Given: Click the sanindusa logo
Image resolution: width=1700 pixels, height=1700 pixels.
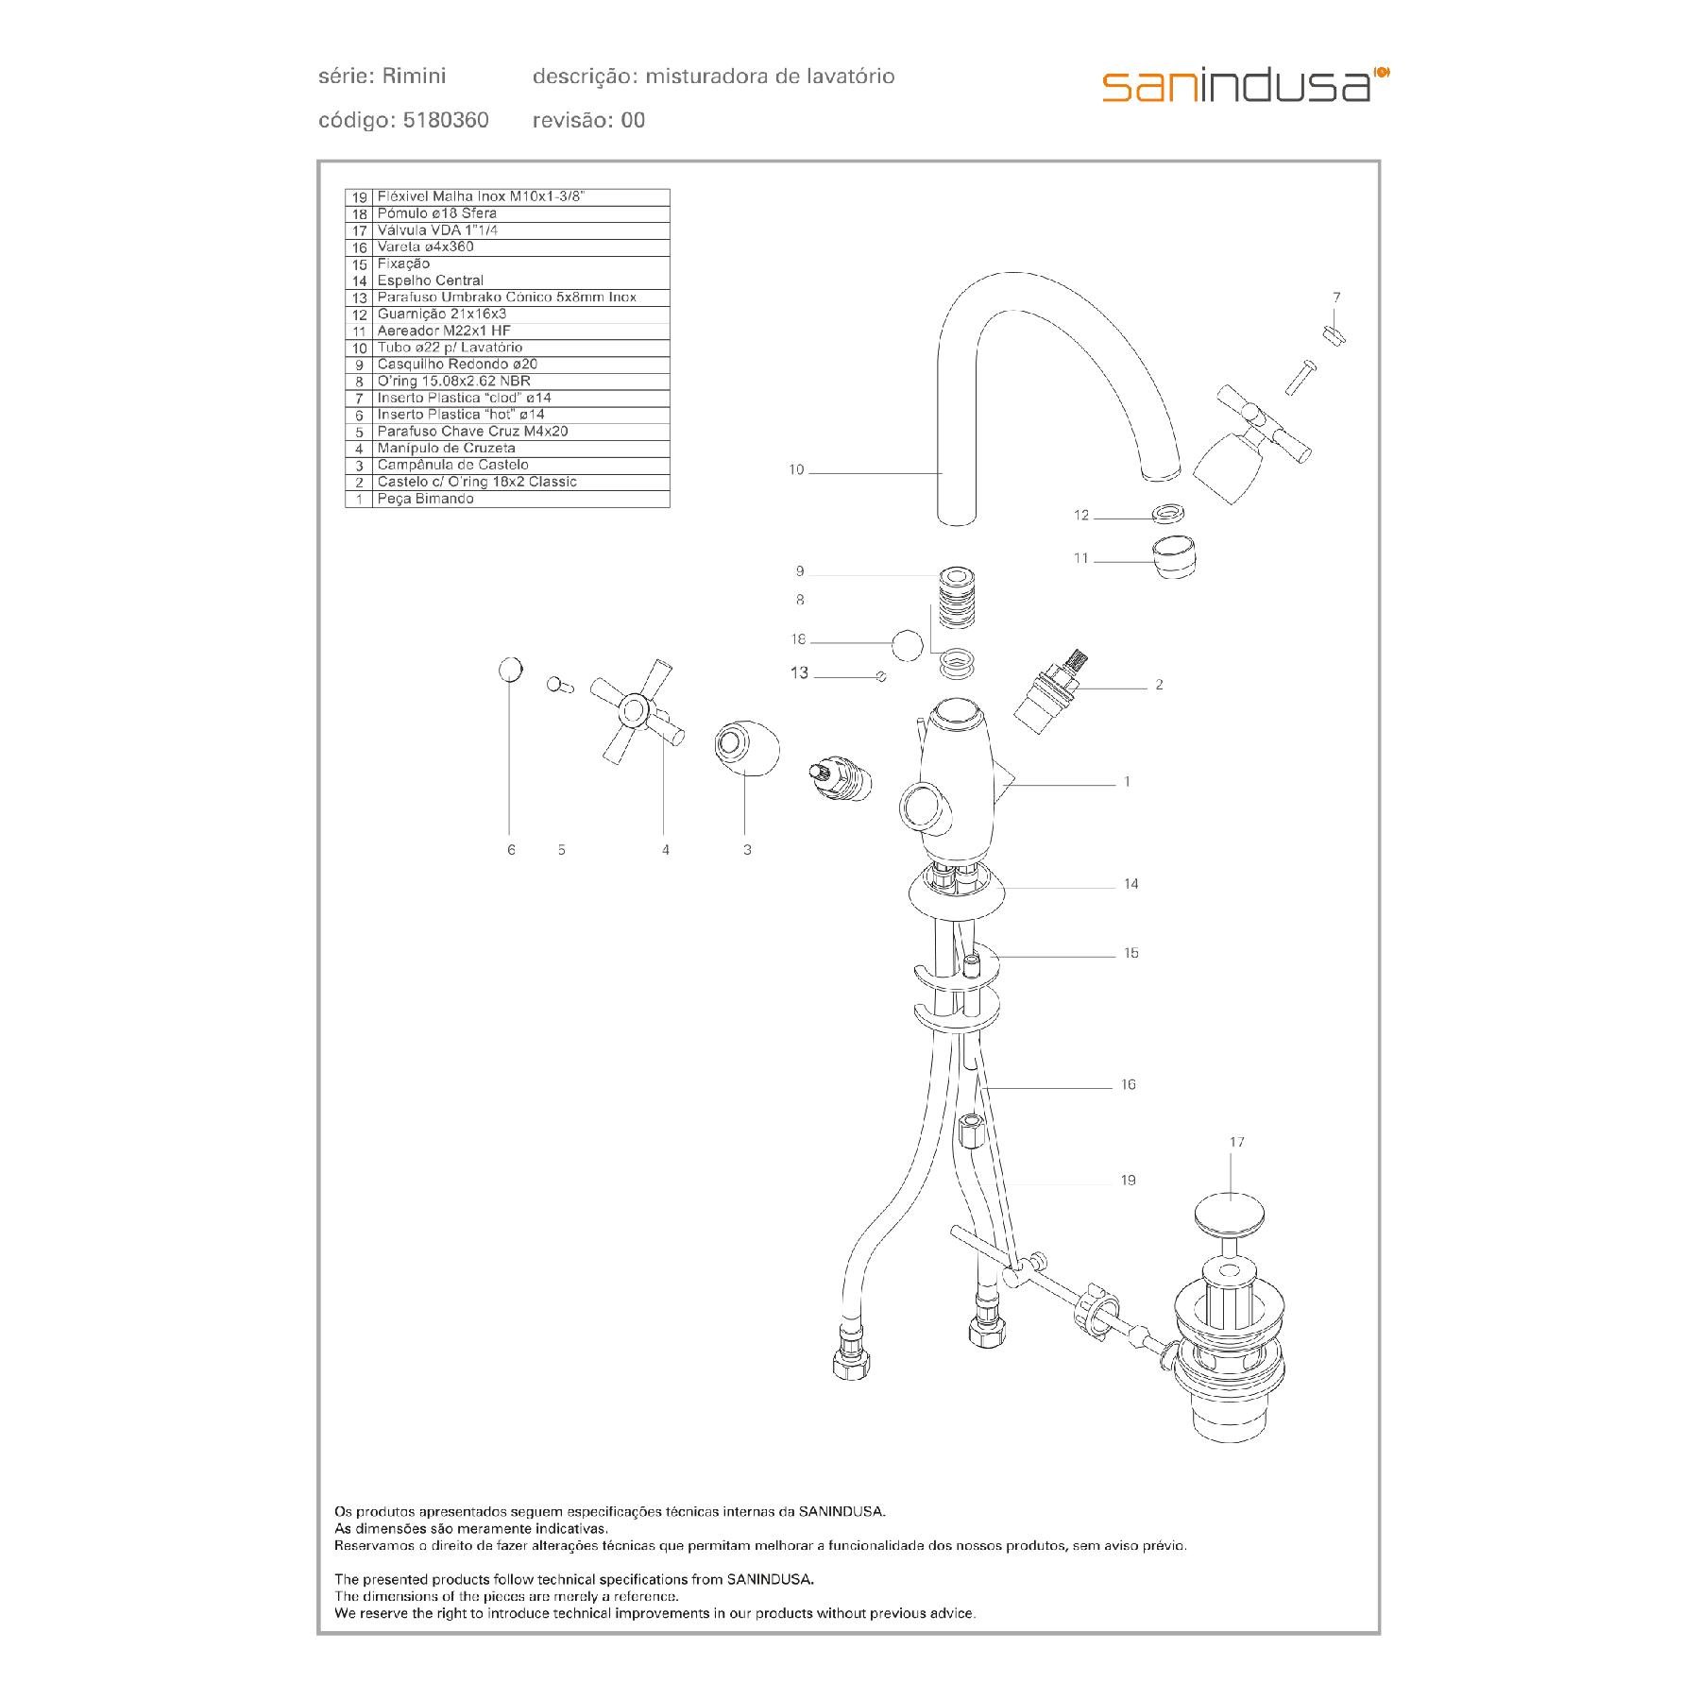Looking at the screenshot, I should point(1245,84).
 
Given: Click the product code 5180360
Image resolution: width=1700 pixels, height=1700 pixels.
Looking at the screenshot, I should point(445,120).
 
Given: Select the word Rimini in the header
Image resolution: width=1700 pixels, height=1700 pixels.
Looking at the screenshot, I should point(415,76).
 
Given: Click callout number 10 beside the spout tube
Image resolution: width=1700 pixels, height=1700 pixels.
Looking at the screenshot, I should point(796,469).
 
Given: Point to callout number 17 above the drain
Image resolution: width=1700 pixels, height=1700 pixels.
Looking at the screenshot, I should point(1237,1142).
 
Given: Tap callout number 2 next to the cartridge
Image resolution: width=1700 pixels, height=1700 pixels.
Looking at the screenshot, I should point(1159,685).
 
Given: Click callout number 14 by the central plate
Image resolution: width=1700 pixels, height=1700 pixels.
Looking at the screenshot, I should point(1130,884).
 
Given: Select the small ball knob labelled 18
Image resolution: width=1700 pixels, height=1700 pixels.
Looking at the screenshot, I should point(907,645).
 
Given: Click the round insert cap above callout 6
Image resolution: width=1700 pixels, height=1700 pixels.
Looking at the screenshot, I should point(509,670).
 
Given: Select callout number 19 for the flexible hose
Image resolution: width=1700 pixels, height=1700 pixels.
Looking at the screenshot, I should point(1128,1180).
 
